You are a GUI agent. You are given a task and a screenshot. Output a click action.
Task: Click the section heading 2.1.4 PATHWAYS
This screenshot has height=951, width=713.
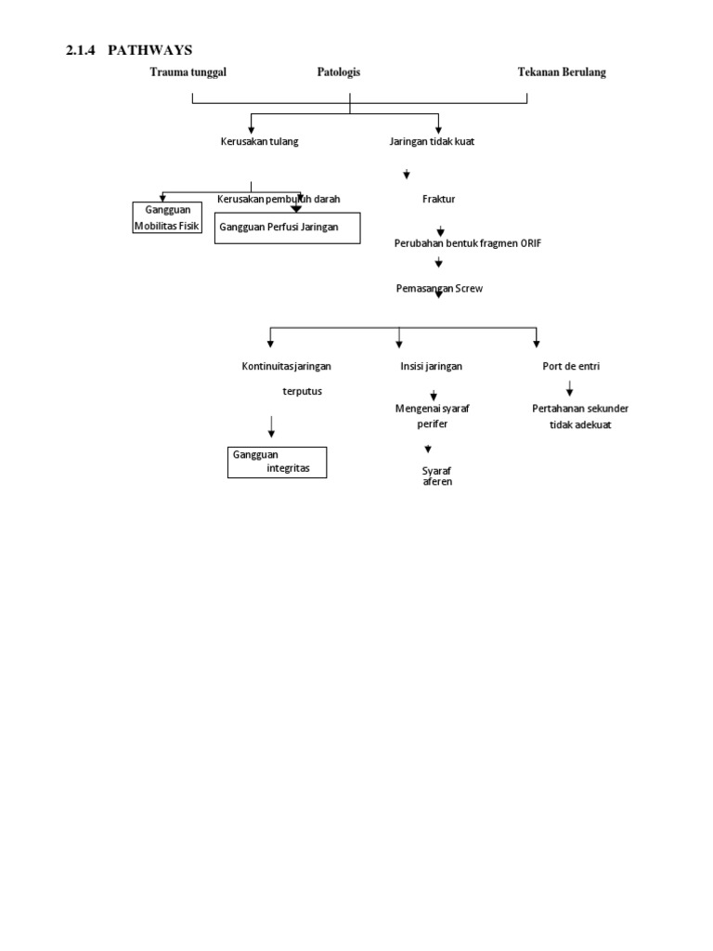[x=129, y=50]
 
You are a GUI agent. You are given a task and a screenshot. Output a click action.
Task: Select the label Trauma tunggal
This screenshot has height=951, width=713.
[x=188, y=72]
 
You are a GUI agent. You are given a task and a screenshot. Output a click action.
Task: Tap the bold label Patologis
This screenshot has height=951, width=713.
[x=338, y=72]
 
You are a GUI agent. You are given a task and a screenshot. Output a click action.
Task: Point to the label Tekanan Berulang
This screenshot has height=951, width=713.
[x=562, y=72]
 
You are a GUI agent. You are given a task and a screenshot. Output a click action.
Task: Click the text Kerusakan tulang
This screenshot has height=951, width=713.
[x=259, y=142]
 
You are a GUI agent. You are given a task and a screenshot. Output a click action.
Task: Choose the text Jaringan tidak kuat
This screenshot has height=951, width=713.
[x=432, y=142]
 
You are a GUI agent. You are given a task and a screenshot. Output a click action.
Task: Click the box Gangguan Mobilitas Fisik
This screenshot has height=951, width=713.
[x=166, y=218]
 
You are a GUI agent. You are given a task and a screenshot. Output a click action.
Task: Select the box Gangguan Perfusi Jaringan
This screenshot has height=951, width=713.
[x=287, y=227]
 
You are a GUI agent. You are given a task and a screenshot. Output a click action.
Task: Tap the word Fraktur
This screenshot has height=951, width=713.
[x=438, y=200]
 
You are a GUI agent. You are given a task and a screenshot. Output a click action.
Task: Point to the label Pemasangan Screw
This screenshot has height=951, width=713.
[x=439, y=289]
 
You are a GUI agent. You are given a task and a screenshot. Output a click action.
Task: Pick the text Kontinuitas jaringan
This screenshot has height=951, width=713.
[x=286, y=366]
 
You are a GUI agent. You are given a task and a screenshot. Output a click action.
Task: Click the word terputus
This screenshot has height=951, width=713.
[x=302, y=391]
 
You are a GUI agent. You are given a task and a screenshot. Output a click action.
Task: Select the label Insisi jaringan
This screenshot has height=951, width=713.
[x=431, y=366]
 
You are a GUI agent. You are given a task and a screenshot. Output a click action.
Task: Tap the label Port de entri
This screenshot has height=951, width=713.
[x=571, y=366]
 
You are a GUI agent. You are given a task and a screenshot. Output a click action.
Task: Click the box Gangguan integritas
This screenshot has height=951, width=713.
[x=278, y=462]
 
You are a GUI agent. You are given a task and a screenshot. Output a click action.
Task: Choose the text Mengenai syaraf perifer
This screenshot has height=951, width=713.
[x=432, y=416]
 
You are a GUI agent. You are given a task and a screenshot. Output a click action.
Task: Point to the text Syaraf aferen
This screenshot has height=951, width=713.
[x=436, y=476]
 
